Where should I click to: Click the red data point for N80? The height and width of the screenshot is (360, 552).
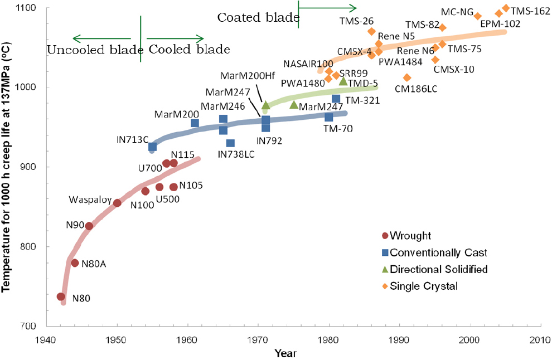[61, 297]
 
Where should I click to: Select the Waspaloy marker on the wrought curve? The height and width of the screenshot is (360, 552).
[117, 203]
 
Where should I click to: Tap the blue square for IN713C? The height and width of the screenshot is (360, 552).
[152, 147]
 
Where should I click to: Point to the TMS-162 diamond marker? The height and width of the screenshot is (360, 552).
[506, 8]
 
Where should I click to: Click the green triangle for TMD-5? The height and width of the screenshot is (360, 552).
[343, 81]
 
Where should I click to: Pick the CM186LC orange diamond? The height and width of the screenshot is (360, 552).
[407, 77]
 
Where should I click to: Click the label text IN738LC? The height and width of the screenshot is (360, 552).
[236, 154]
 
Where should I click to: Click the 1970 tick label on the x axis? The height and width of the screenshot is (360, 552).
[258, 339]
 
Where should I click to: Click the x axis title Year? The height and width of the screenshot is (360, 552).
[285, 353]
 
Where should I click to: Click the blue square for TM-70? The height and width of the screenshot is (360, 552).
[329, 117]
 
